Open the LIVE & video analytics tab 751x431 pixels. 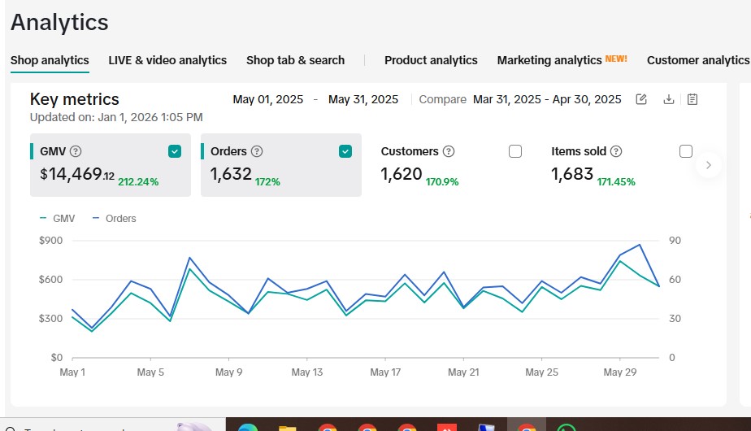point(167,60)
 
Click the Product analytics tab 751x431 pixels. point(431,60)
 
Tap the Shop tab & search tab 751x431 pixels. point(296,60)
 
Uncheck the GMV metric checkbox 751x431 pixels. point(175,151)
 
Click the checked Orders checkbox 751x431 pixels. point(345,151)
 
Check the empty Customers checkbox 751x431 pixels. point(515,151)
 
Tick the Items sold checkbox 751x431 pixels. point(686,151)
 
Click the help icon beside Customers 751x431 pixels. point(449,151)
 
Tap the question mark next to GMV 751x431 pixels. point(76,151)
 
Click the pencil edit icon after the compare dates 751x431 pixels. point(641,99)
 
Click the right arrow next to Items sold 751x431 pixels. point(709,165)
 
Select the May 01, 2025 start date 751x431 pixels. point(268,99)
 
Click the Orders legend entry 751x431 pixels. point(115,219)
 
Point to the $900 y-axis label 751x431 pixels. point(50,241)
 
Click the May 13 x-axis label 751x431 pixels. point(307,372)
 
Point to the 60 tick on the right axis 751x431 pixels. point(675,280)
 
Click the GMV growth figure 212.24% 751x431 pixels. point(138,182)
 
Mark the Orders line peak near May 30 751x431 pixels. point(640,245)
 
